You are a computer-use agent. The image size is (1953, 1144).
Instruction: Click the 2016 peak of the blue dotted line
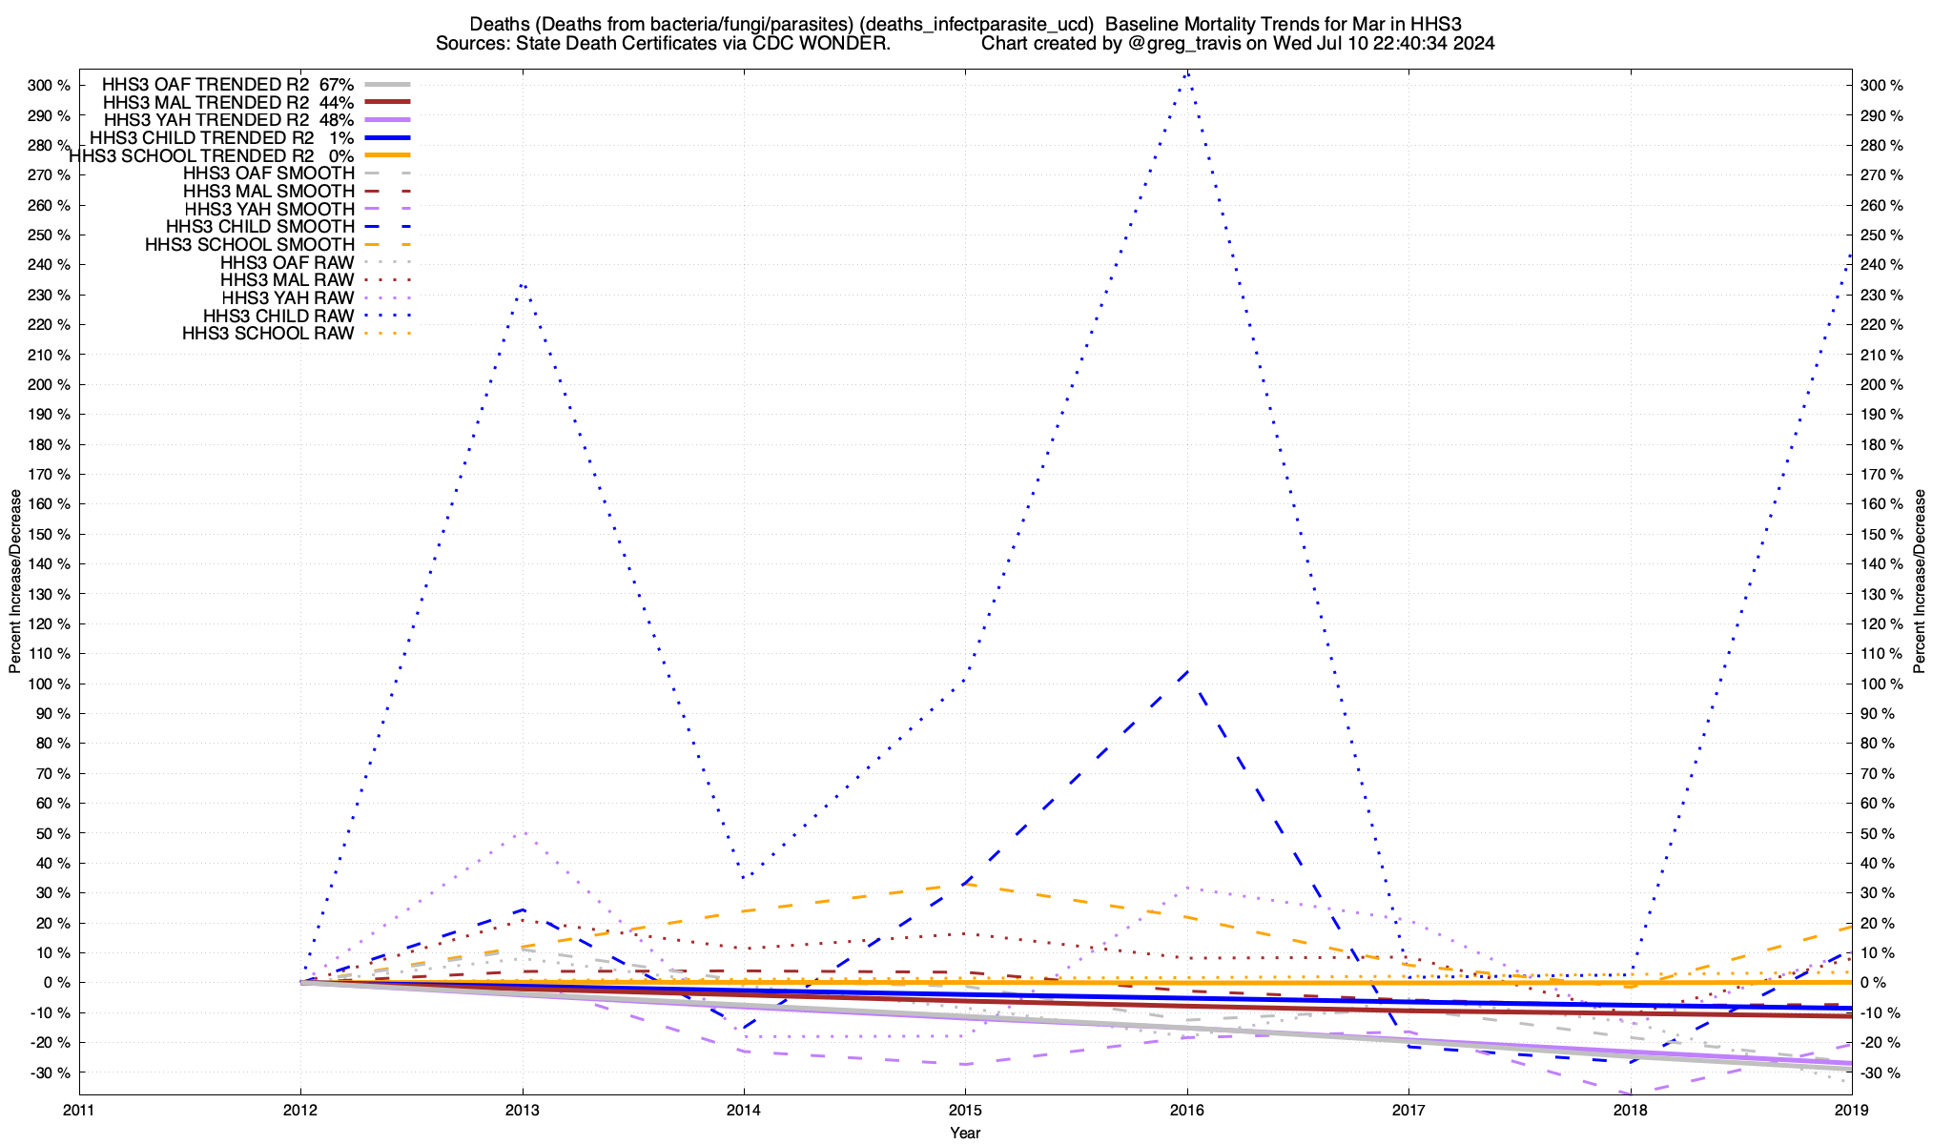click(1186, 72)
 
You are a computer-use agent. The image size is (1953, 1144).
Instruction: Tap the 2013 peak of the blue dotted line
click(523, 284)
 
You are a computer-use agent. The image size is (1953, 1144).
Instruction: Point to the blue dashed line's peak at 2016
click(1186, 670)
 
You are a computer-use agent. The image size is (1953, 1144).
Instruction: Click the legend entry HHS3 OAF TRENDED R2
click(205, 84)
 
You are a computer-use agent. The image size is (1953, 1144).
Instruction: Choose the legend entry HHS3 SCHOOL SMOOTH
click(249, 245)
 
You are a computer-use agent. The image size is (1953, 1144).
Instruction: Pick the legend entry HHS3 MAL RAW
click(287, 280)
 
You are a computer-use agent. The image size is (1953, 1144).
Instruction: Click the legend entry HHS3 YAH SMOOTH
click(269, 209)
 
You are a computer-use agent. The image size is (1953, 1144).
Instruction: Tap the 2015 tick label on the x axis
click(965, 1110)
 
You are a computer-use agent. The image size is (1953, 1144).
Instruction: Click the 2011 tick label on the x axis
click(79, 1110)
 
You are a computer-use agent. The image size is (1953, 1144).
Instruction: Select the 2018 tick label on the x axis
click(1630, 1110)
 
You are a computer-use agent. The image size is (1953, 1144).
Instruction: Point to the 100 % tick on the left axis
click(50, 684)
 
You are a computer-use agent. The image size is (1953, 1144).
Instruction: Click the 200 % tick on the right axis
click(1881, 384)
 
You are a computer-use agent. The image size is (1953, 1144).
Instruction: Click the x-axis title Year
click(965, 1133)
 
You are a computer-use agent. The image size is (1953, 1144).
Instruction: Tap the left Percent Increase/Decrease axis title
click(15, 582)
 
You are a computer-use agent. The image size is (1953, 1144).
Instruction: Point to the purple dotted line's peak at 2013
click(523, 832)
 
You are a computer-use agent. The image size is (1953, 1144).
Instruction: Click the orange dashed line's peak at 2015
click(965, 884)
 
